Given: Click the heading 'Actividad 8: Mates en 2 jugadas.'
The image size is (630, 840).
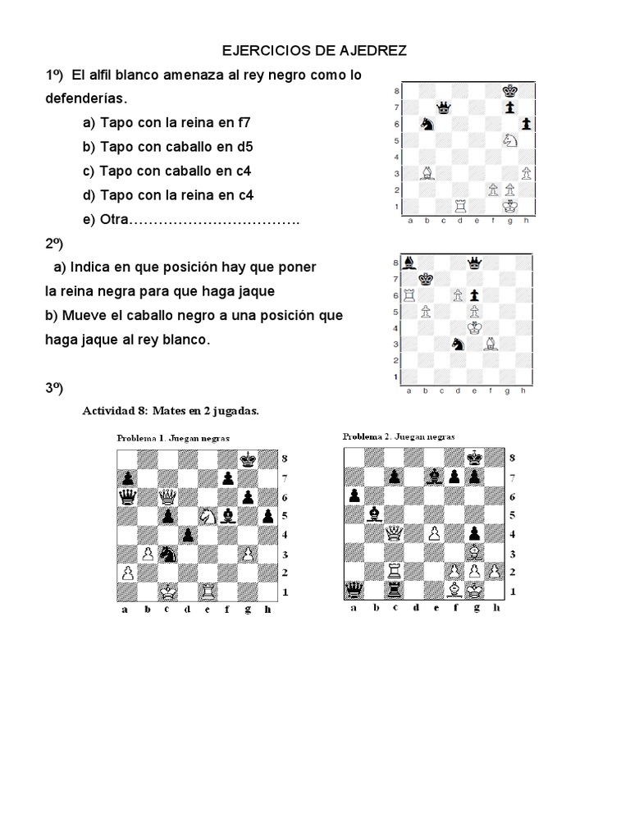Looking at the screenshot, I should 171,410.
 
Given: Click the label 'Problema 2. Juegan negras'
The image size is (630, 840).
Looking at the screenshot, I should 399,436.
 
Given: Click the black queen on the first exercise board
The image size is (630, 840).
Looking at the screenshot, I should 445,107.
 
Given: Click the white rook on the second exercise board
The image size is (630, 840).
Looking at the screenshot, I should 409,295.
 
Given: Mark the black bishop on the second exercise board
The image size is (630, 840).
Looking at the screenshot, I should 409,263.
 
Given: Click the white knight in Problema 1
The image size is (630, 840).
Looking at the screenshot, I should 207,516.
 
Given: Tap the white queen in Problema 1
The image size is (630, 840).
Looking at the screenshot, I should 167,497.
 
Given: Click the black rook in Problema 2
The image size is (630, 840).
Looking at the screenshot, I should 395,590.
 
